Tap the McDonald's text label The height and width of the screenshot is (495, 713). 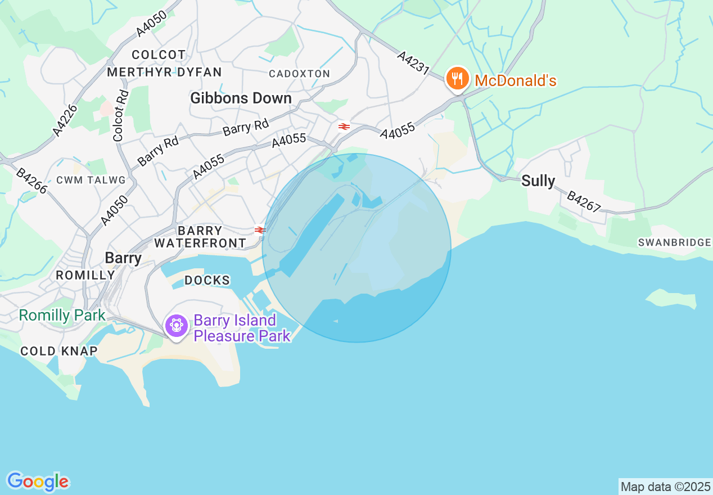pyautogui.click(x=515, y=81)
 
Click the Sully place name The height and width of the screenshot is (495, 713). pyautogui.click(x=538, y=181)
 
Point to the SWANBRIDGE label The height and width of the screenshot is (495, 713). pyautogui.click(x=674, y=242)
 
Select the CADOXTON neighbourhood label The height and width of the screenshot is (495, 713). pyautogui.click(x=299, y=74)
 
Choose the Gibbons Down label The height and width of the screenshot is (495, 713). pyautogui.click(x=241, y=98)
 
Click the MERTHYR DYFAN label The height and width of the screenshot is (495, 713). pyautogui.click(x=164, y=72)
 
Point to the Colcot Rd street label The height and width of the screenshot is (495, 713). pyautogui.click(x=121, y=115)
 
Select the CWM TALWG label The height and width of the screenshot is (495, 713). pyautogui.click(x=91, y=180)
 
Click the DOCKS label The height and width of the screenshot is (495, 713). pyautogui.click(x=207, y=280)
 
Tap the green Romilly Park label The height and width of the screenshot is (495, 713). pyautogui.click(x=62, y=315)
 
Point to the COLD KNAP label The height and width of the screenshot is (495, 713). pyautogui.click(x=58, y=352)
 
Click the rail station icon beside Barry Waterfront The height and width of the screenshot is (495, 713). pyautogui.click(x=260, y=230)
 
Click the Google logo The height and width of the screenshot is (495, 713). pyautogui.click(x=38, y=481)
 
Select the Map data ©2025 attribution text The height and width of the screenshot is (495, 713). pyautogui.click(x=665, y=487)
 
